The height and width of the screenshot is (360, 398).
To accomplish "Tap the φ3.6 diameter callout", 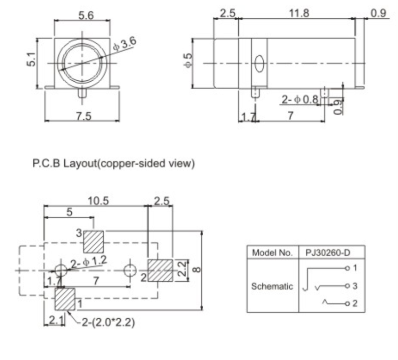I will [x=124, y=44].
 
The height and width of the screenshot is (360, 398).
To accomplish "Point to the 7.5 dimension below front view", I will [x=82, y=116].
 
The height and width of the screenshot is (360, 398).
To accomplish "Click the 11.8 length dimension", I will [x=298, y=13].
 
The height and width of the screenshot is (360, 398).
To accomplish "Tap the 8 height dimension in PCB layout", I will [x=196, y=270].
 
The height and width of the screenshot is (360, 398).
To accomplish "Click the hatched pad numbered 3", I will [x=93, y=241].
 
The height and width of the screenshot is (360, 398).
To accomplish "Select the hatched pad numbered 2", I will [x=160, y=270].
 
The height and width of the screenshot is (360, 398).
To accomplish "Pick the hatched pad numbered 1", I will [x=64, y=299].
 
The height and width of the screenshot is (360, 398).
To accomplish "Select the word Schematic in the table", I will [x=272, y=286].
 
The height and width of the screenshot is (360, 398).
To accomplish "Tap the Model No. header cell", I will [x=272, y=253].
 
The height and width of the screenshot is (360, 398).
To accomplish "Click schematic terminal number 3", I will [x=354, y=286].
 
